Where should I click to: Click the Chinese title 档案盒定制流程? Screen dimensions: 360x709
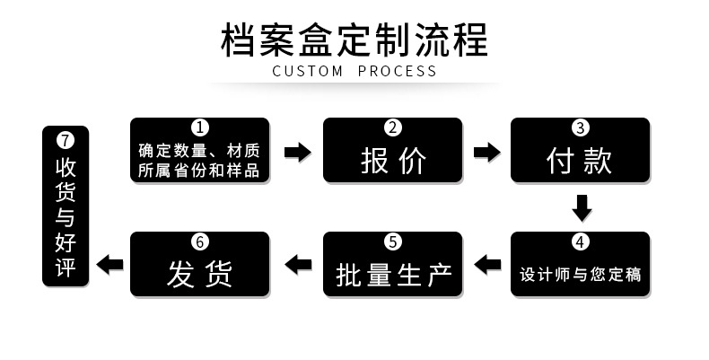coord(354,40)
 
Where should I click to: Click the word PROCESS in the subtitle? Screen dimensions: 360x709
coord(398,71)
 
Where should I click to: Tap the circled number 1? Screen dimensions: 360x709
coord(200,127)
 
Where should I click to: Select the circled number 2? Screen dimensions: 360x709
coord(392,127)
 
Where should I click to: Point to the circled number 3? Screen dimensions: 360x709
coord(581,127)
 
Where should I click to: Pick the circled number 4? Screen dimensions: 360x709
coord(581,241)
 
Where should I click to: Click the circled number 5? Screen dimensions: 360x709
coord(392,241)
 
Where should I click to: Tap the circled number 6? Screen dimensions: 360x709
coord(200,241)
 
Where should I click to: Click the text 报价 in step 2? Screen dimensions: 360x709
coord(393,161)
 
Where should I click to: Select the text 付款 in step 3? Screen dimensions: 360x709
coord(581,161)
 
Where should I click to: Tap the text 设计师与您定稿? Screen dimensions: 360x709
coord(581,274)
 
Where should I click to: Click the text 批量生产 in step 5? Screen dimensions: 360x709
coord(393,274)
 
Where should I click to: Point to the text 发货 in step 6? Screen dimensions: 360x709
coord(200,274)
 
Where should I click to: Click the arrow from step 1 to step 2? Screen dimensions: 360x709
coord(297,152)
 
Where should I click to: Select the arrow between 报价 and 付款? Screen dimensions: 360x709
coord(487,152)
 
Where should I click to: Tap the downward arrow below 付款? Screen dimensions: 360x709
coord(582,207)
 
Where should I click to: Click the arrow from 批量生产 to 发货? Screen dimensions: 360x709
coord(297,264)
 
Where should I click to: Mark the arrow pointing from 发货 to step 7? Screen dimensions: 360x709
coord(110,264)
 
